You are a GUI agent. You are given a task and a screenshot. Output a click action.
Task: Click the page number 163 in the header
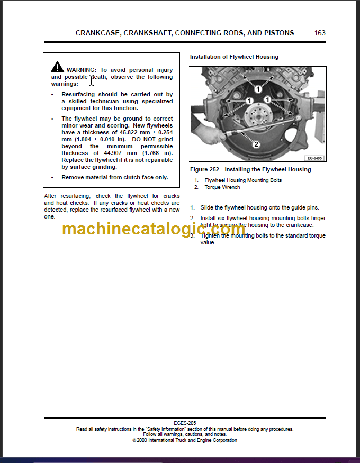click(320, 33)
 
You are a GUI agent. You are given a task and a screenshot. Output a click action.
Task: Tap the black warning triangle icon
click(57, 67)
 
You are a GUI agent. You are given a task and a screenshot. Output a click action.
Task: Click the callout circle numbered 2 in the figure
click(255, 144)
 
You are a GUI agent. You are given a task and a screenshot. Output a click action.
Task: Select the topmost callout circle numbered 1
click(258, 89)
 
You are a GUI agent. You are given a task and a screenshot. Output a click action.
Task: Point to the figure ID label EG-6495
click(314, 158)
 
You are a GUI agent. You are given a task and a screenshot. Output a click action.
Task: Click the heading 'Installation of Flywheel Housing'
click(234, 57)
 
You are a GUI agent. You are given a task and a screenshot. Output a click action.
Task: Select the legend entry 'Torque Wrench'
click(222, 187)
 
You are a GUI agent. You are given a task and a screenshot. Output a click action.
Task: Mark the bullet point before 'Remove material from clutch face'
click(52, 178)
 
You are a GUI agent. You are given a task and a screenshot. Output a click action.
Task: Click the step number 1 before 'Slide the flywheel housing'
click(192, 208)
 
